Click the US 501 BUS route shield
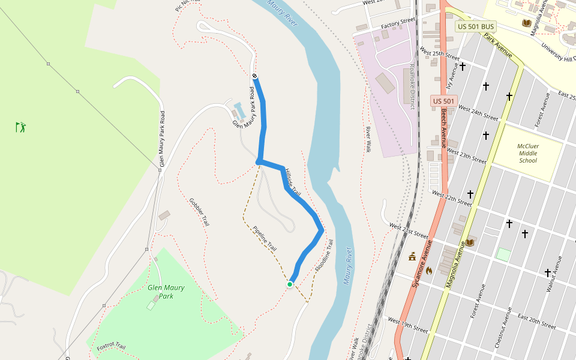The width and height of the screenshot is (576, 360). pyautogui.click(x=476, y=26)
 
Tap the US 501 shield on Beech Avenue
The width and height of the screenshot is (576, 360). pyautogui.click(x=444, y=101)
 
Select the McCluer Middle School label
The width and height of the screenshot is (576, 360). pyautogui.click(x=528, y=153)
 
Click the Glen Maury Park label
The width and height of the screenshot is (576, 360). pyautogui.click(x=166, y=292)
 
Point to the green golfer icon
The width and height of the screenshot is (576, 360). pyautogui.click(x=21, y=127)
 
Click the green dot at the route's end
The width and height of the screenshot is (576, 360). pyautogui.click(x=290, y=284)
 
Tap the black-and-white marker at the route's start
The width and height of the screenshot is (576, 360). pyautogui.click(x=255, y=76)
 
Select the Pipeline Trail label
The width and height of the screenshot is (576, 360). pyautogui.click(x=265, y=238)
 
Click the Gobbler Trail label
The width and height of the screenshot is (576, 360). pyautogui.click(x=199, y=212)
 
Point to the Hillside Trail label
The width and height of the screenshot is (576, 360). pyautogui.click(x=292, y=182)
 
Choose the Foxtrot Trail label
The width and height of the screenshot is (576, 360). pyautogui.click(x=111, y=346)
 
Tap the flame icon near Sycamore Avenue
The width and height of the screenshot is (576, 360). pyautogui.click(x=428, y=270)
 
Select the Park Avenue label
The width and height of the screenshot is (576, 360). pyautogui.click(x=498, y=45)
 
